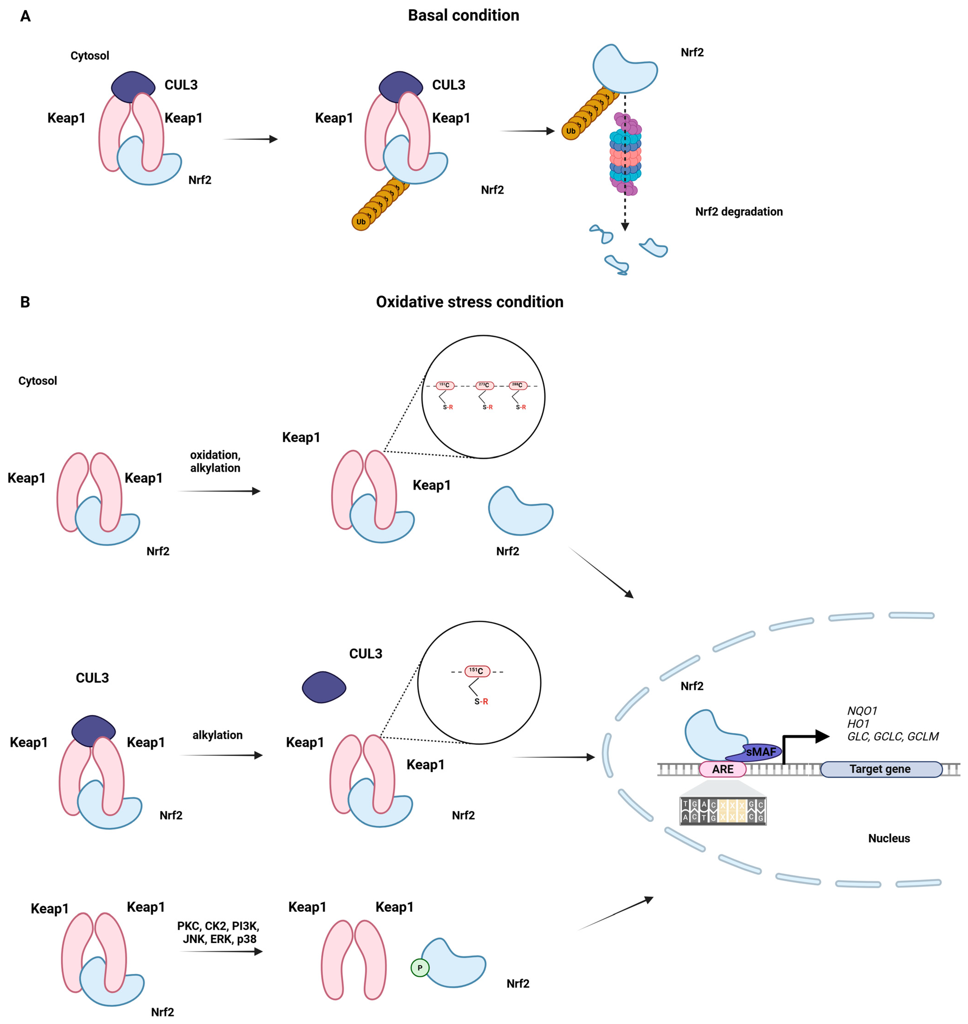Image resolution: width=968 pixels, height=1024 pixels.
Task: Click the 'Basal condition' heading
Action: coord(463,15)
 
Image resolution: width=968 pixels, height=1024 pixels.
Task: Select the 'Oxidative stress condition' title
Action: coord(470,302)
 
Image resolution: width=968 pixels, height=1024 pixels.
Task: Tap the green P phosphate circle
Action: coord(420,967)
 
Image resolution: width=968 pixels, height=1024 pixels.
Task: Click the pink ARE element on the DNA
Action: coord(722,769)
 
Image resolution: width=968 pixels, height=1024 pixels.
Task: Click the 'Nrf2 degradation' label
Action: coord(739,212)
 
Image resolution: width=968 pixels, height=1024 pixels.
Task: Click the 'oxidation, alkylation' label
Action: coord(215,461)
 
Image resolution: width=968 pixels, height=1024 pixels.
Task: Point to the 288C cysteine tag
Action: coord(518,385)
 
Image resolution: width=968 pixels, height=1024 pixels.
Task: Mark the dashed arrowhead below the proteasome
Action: coord(625,226)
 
